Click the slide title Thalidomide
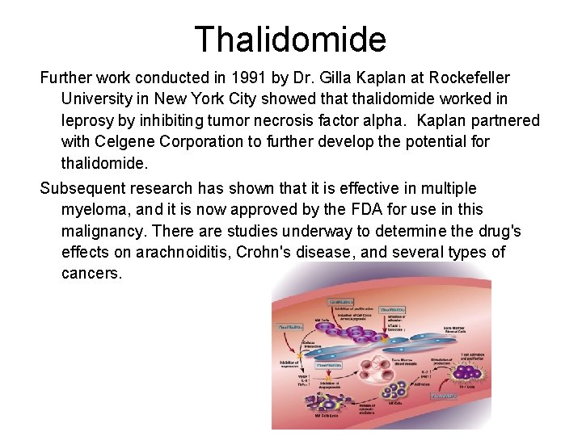pos(290,38)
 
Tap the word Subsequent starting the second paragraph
pos(78,189)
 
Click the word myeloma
pos(93,210)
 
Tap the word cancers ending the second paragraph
pos(91,273)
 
